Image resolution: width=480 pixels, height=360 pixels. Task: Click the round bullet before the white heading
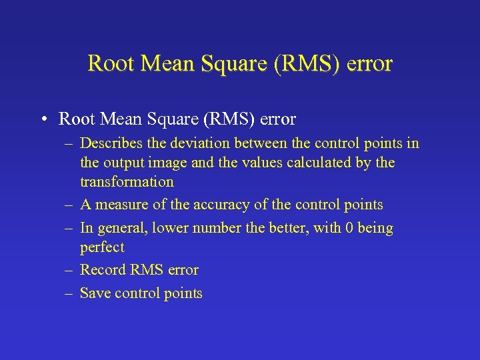[x=42, y=120]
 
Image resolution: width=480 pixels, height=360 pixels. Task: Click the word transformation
[x=127, y=182]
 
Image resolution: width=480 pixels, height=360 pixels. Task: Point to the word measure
[x=124, y=205]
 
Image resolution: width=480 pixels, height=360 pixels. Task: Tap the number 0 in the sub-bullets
[x=347, y=228]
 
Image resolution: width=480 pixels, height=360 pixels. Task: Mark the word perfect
[x=102, y=247]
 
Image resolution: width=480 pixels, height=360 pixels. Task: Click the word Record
[x=102, y=270]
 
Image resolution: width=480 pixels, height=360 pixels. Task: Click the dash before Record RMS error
[x=69, y=270]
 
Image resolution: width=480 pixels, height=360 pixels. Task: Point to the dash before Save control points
[x=69, y=293]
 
